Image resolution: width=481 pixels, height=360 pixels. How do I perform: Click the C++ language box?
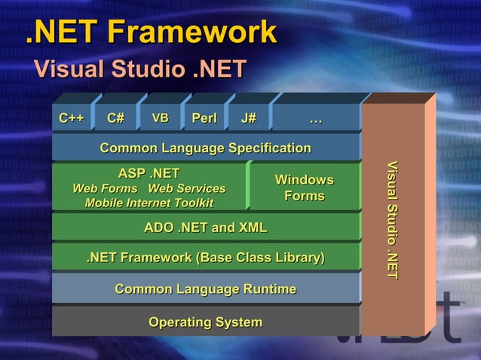(72, 118)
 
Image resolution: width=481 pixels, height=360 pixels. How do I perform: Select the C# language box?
(115, 118)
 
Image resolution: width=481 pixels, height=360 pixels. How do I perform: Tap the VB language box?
(160, 118)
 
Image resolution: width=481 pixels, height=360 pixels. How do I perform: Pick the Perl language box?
(204, 118)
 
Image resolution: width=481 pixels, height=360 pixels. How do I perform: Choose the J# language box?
(248, 118)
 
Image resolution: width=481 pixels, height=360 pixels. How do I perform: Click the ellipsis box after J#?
(316, 118)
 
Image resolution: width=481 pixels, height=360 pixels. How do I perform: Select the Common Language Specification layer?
(205, 148)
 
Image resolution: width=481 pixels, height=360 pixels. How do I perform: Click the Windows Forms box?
(304, 188)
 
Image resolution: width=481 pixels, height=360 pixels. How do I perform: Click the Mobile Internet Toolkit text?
(149, 203)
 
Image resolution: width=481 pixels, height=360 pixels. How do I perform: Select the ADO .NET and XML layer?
(205, 227)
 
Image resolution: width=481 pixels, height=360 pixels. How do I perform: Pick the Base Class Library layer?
(205, 258)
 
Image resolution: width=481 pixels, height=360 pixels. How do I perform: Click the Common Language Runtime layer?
(205, 289)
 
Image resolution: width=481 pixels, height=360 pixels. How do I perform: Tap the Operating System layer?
(205, 322)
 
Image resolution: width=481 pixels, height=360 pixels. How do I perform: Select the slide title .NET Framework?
(152, 32)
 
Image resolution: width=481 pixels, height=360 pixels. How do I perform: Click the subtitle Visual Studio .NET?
(138, 69)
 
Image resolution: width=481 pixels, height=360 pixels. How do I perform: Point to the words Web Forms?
(105, 188)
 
